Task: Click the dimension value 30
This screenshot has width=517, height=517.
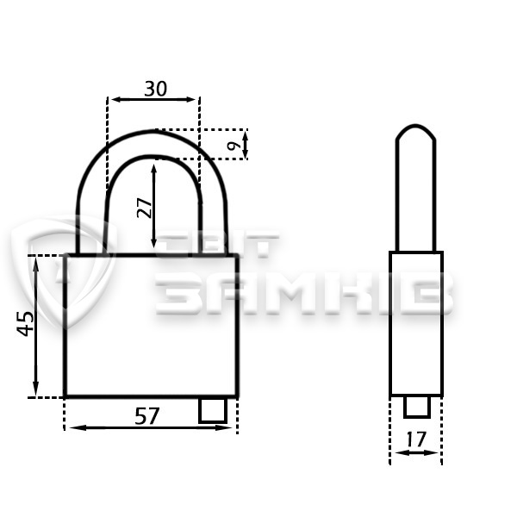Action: (x=156, y=89)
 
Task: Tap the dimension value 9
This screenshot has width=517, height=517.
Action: (x=234, y=145)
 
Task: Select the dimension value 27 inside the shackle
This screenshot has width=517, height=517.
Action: (x=145, y=208)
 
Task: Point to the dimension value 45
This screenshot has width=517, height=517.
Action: (x=25, y=324)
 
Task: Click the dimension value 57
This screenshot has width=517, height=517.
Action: (x=147, y=416)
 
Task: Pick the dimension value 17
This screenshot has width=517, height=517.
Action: (x=416, y=439)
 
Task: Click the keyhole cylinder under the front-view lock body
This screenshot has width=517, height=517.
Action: (x=213, y=410)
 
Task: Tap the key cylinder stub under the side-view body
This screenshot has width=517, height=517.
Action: (x=417, y=407)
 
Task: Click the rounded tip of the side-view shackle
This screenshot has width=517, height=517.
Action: (x=416, y=127)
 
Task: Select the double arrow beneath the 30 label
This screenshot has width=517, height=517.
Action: (x=153, y=99)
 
